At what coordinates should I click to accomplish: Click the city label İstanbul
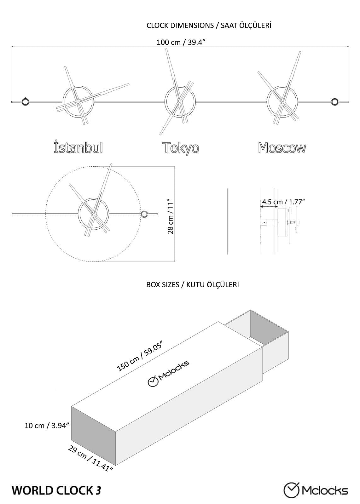pos(78,147)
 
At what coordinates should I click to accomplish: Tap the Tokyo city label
pos(180,147)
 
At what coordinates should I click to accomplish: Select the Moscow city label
pos(282,147)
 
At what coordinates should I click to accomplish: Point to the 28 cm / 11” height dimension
pos(171,216)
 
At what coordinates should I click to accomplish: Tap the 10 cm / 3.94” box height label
pos(47,426)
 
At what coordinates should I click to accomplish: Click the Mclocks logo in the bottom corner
pos(316,490)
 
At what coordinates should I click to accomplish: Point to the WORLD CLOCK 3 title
pos(57,490)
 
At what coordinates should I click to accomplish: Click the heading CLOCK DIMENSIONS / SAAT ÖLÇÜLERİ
pos(209,26)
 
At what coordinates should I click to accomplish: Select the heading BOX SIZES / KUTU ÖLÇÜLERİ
pos(192,284)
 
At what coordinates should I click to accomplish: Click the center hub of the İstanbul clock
pos(78,102)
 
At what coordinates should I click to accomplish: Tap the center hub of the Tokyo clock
pos(180,101)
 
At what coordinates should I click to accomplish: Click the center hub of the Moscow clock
pos(282,102)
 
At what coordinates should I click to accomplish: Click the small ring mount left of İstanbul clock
pos(25,102)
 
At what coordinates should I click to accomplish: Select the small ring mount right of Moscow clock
pos(334,101)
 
